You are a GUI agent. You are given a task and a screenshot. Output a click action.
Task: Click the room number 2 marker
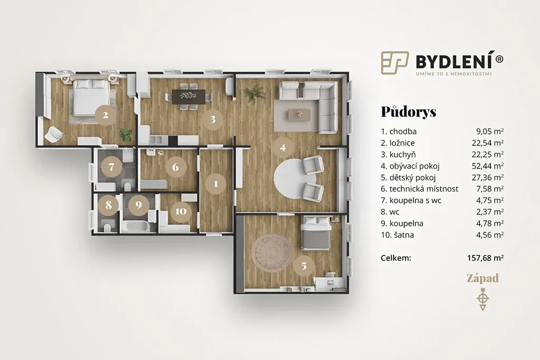tap(105, 114)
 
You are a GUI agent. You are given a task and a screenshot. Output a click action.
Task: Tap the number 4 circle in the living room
tap(283, 148)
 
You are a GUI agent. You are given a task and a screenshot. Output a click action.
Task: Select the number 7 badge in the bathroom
tap(111, 167)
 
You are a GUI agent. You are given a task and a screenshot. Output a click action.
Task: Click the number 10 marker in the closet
tap(181, 211)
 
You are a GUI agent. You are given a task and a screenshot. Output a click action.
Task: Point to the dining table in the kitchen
tap(189, 96)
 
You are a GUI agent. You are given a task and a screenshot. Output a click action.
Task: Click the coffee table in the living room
tap(299, 114)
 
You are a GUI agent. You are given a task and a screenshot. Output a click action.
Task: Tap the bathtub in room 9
tap(135, 228)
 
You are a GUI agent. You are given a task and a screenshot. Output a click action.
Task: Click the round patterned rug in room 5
tap(272, 254)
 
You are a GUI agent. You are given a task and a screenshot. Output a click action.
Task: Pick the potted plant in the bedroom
tap(126, 134)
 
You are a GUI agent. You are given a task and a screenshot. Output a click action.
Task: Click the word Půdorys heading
tap(409, 112)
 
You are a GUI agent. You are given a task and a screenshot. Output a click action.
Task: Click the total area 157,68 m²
tap(485, 258)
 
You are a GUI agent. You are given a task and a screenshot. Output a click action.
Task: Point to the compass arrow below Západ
tap(483, 298)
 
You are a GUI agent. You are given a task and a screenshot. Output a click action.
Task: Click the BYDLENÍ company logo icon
tap(394, 63)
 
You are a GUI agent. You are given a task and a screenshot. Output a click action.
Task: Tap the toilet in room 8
tap(107, 228)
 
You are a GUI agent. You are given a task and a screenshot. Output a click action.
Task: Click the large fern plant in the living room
tap(254, 93)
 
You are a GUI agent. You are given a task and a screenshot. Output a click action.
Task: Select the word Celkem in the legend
tap(396, 258)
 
